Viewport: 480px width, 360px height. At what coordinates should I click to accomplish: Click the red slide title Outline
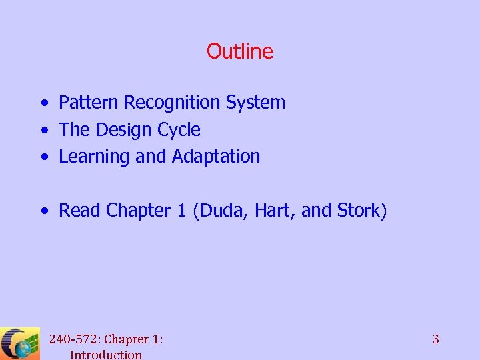point(239,51)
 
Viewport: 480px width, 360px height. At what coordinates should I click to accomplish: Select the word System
point(255,103)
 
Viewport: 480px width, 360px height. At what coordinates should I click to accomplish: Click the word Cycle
point(177,130)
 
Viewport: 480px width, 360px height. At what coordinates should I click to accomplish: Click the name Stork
point(358,211)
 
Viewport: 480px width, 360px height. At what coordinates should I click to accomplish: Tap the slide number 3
point(435,339)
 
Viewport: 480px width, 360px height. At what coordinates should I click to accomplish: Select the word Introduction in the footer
point(106,355)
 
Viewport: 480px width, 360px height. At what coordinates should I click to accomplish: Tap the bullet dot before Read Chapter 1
point(43,211)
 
